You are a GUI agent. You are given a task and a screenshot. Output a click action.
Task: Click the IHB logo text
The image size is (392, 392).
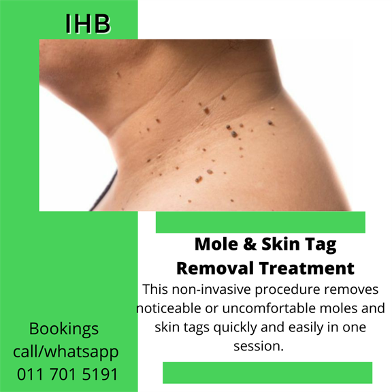pos(88,24)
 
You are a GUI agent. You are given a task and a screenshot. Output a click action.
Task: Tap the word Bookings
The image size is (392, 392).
pos(64,329)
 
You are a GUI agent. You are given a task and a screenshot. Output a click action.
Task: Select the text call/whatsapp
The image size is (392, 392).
pos(66,352)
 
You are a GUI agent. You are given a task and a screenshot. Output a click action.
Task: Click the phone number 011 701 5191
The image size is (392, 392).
pos(67,374)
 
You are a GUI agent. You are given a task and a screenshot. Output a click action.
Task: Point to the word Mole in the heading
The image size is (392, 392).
pos(216,244)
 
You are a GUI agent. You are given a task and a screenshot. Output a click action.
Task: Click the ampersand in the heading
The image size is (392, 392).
pos(250,244)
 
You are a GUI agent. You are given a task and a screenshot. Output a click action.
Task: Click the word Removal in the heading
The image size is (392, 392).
pos(215,268)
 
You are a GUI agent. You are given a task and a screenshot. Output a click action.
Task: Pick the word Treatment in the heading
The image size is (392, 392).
pos(307,268)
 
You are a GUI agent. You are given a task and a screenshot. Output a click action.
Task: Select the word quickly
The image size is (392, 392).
pos(235,328)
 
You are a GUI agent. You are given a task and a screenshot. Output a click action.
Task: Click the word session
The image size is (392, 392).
pos(259,346)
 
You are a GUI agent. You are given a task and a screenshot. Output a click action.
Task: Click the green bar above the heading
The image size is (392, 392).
pos(261,222)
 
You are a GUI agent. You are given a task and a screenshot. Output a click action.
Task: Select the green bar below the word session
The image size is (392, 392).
pos(267,372)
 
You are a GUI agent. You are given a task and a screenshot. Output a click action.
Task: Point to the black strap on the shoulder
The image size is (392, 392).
pos(103,191)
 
